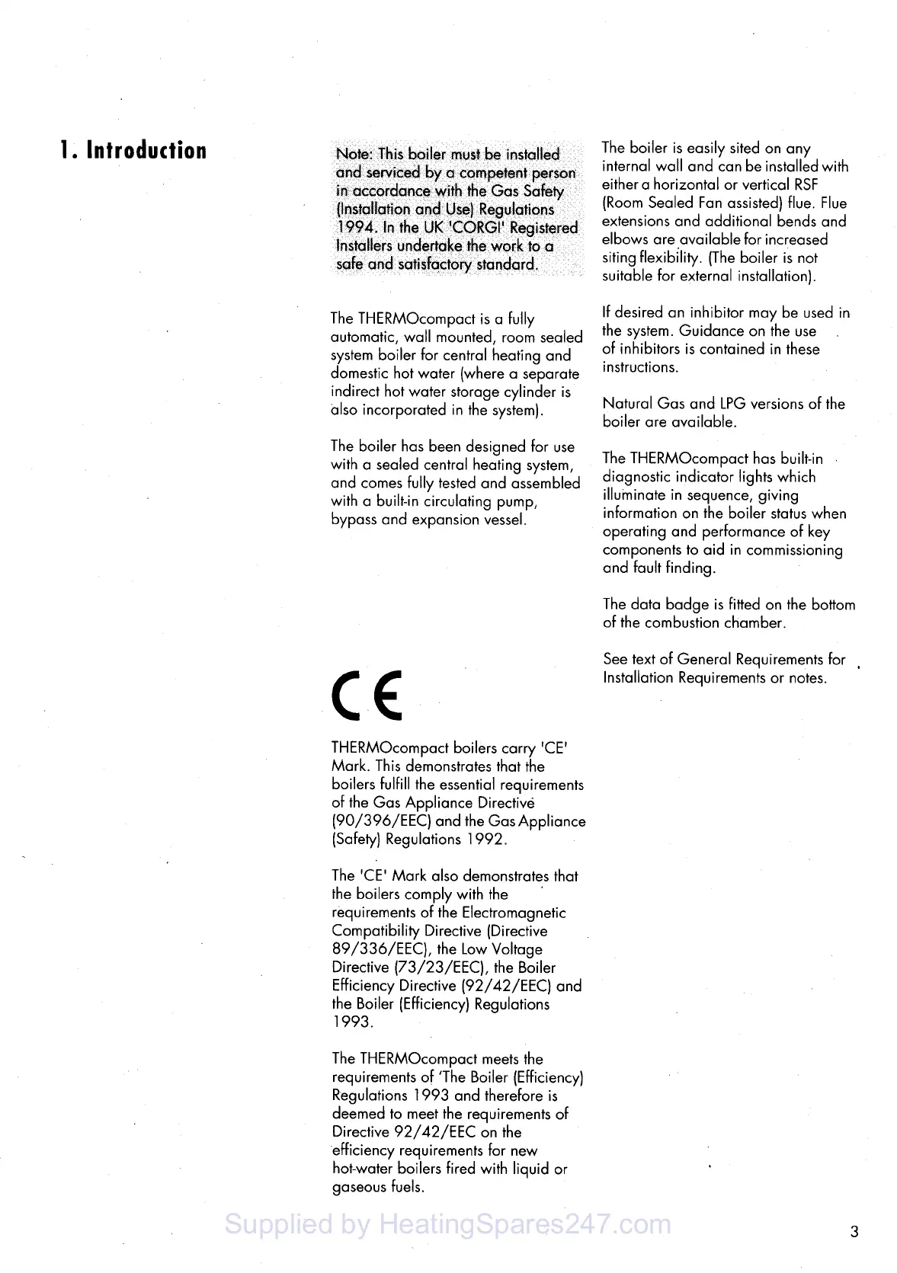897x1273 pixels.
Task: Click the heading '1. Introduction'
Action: click(x=133, y=150)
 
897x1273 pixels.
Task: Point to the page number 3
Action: click(x=854, y=1231)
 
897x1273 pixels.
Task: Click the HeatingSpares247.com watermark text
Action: click(x=449, y=1225)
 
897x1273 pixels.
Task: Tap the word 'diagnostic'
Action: click(x=638, y=477)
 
